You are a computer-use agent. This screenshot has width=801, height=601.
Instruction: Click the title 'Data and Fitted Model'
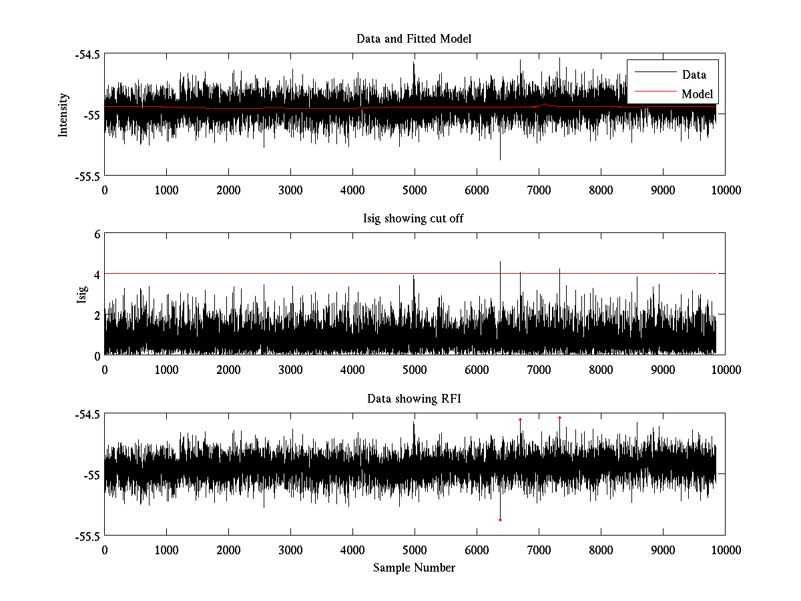[414, 39]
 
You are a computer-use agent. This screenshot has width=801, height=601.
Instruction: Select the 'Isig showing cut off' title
[414, 219]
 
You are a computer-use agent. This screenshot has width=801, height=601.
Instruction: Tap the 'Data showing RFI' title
[414, 399]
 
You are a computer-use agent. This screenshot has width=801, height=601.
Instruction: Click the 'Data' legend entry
[694, 75]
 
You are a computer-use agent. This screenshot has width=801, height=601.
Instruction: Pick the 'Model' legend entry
[697, 94]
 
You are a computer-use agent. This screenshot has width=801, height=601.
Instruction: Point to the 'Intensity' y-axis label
[63, 114]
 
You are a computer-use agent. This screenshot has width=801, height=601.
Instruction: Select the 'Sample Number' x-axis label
[414, 568]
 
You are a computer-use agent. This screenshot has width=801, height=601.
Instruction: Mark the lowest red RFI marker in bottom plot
[500, 520]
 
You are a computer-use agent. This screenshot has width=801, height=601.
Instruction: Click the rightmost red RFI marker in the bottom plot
[559, 417]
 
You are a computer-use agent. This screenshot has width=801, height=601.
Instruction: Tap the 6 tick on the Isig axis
[97, 234]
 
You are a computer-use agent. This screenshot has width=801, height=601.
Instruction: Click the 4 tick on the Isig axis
[97, 274]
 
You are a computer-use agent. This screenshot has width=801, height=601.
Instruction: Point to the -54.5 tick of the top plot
[88, 54]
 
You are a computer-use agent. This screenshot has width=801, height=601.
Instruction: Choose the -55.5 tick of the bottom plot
[88, 536]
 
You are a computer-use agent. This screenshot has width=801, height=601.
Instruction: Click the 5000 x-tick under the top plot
[415, 190]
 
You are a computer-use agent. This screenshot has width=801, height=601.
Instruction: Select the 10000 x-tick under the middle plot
[725, 370]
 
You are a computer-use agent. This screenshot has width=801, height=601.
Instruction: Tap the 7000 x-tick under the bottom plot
[539, 550]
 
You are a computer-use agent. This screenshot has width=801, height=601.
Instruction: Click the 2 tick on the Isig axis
[97, 315]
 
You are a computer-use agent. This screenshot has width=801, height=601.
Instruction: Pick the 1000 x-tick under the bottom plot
[166, 550]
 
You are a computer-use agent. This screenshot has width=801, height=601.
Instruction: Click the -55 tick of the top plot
[92, 115]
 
